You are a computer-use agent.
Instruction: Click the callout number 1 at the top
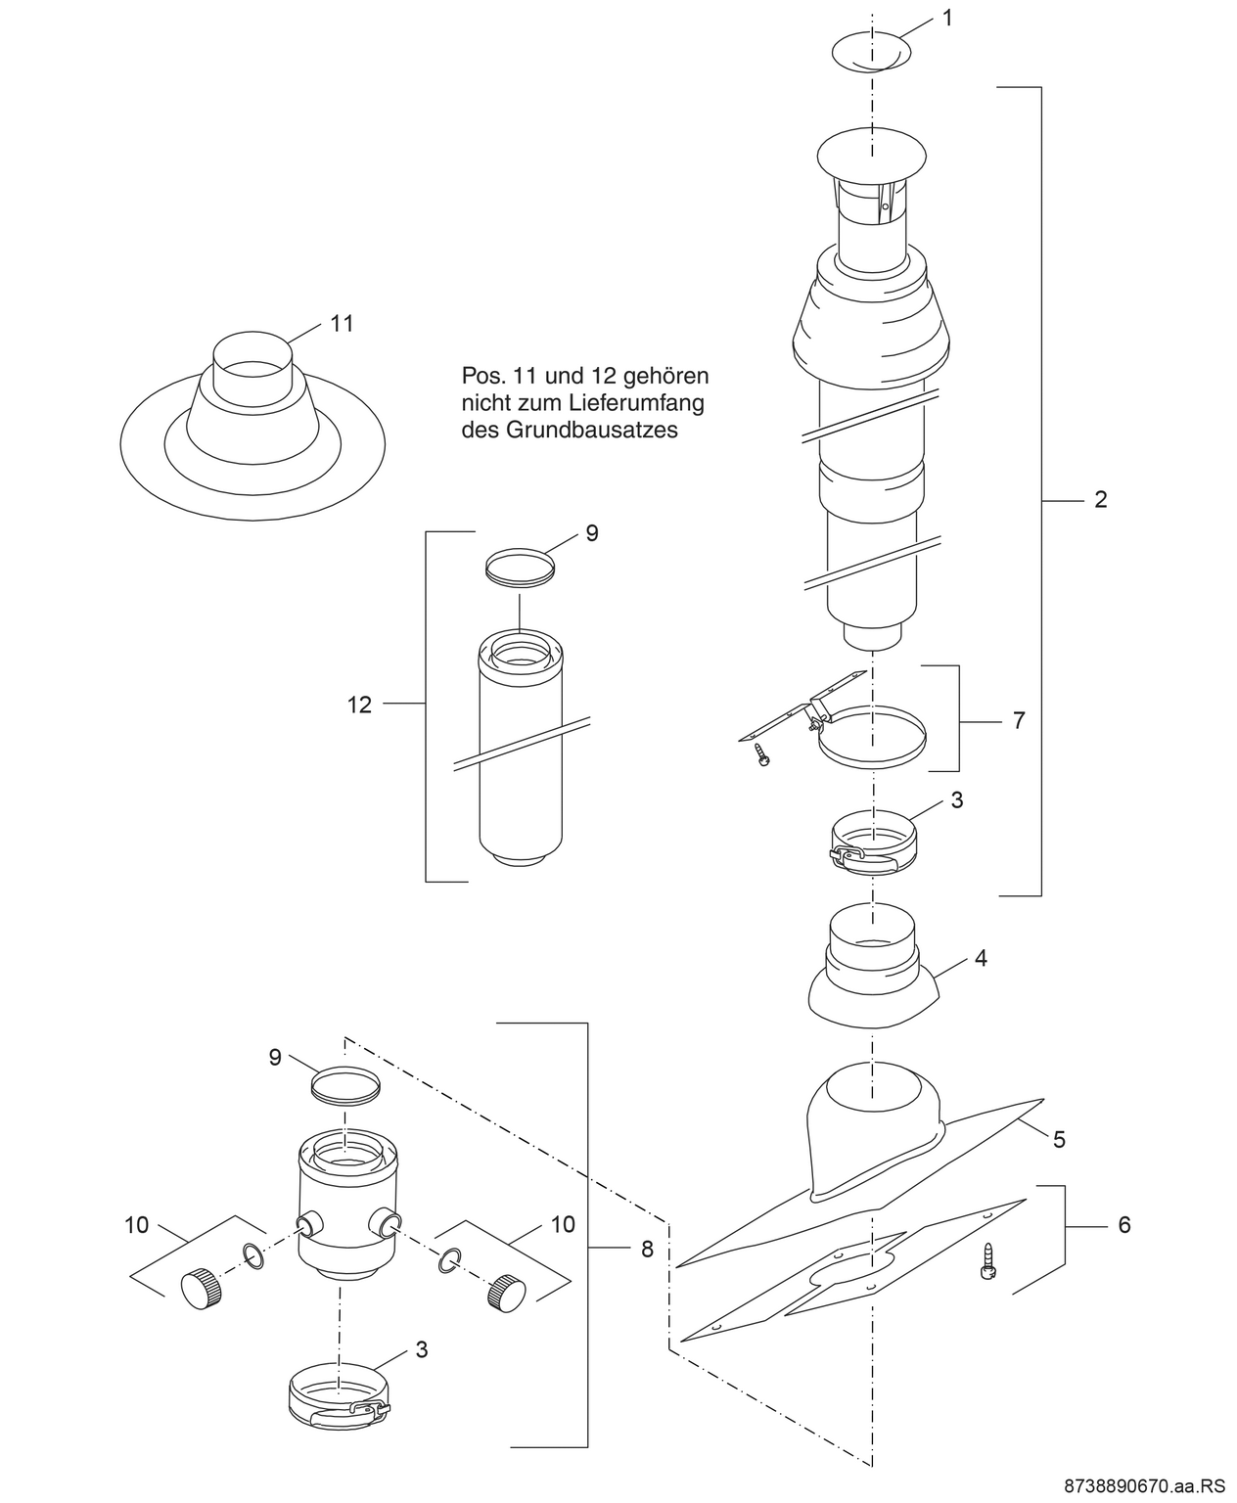click(946, 17)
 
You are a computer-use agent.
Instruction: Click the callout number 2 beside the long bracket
click(1100, 500)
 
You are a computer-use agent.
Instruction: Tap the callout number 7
click(1019, 720)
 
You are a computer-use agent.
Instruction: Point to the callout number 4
click(981, 958)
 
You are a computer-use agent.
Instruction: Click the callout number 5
click(1059, 1139)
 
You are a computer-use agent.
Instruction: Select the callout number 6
click(1123, 1224)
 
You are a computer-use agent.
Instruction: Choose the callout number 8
click(647, 1249)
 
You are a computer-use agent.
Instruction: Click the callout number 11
click(342, 323)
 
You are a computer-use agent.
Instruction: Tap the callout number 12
click(359, 704)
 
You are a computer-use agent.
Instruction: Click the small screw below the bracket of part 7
click(762, 754)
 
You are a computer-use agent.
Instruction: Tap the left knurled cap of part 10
click(201, 1285)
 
